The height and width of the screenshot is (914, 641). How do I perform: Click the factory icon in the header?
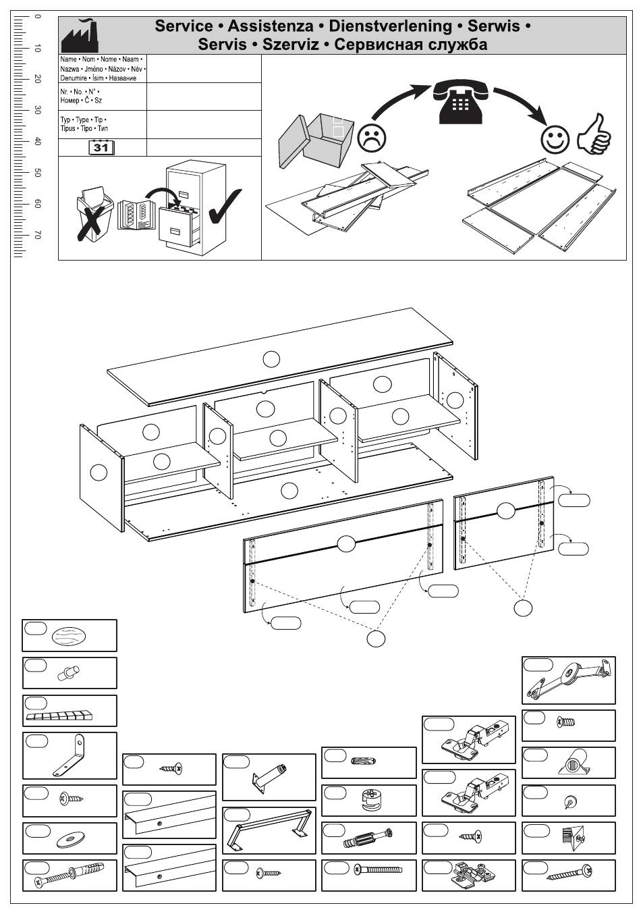click(x=80, y=37)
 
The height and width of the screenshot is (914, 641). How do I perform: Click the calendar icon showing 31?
click(x=101, y=147)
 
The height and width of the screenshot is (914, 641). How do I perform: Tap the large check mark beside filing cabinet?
click(x=225, y=206)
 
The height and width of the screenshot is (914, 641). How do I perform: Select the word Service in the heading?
click(x=184, y=26)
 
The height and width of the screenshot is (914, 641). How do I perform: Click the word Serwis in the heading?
click(x=494, y=26)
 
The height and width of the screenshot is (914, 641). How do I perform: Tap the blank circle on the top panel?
click(x=271, y=359)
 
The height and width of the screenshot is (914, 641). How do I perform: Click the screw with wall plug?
click(x=70, y=876)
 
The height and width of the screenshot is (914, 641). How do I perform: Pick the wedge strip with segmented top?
click(x=61, y=715)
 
